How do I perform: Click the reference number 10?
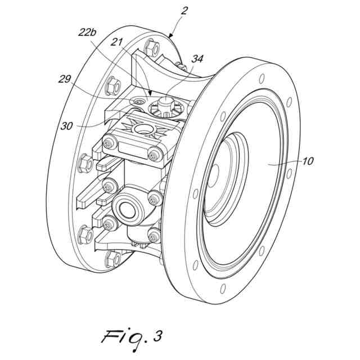coord(308,161)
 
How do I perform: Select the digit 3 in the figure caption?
coord(158,336)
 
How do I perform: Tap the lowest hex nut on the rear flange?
coord(113,259)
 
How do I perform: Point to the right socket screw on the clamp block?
coord(153,153)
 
